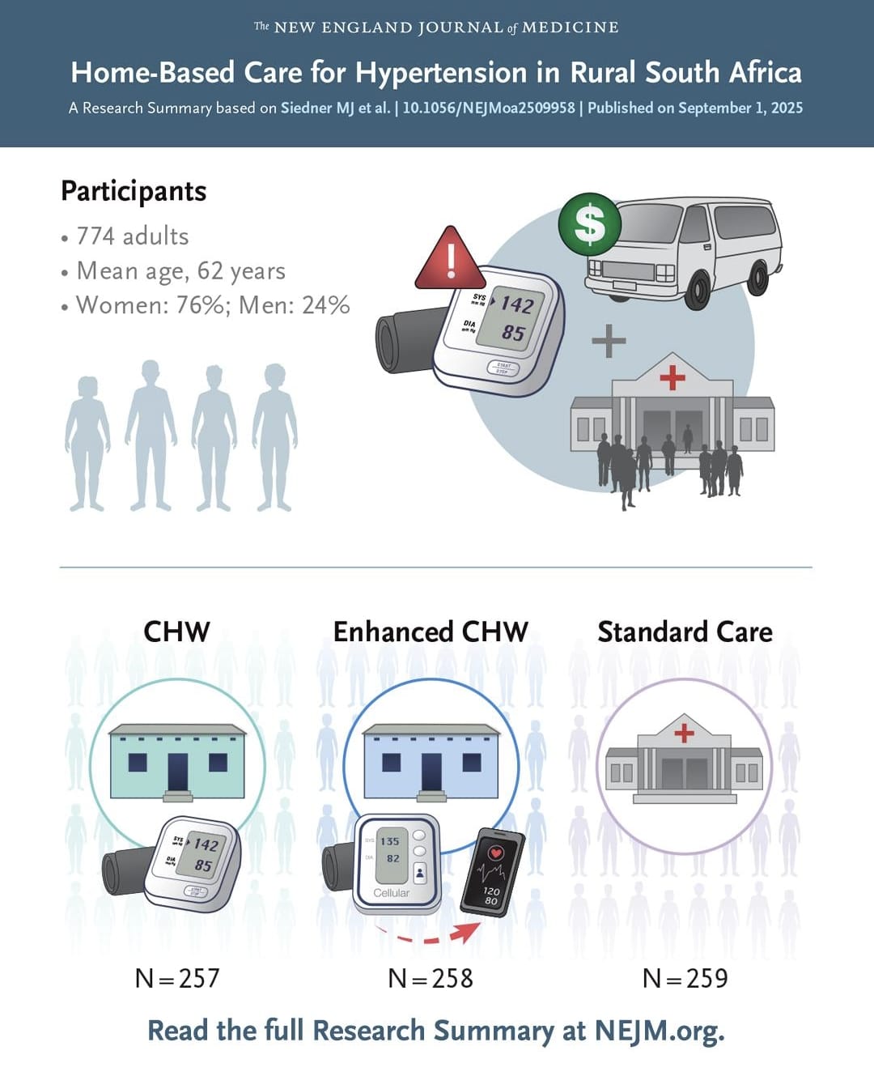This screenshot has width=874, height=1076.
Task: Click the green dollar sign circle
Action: pyautogui.click(x=590, y=224)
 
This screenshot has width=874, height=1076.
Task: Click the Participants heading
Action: pyautogui.click(x=134, y=191)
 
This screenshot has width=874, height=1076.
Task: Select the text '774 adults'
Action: pyautogui.click(x=132, y=236)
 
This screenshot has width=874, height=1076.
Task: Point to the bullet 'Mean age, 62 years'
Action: pyautogui.click(x=180, y=271)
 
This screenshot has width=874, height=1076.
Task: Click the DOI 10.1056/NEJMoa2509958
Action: pyautogui.click(x=488, y=108)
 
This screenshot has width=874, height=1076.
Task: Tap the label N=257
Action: pyautogui.click(x=177, y=978)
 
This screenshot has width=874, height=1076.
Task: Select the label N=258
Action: pyautogui.click(x=431, y=978)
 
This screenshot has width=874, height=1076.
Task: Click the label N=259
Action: pyautogui.click(x=685, y=978)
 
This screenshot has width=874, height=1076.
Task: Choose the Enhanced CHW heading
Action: pyautogui.click(x=431, y=632)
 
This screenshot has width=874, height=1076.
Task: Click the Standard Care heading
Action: pyautogui.click(x=685, y=632)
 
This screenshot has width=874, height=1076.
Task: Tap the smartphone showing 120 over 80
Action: pyautogui.click(x=492, y=872)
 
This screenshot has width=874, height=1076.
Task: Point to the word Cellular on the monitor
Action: pyautogui.click(x=391, y=893)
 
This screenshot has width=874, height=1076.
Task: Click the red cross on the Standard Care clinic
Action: pyautogui.click(x=684, y=733)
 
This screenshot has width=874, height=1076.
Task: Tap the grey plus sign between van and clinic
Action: pyautogui.click(x=609, y=341)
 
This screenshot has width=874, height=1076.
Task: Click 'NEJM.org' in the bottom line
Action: pyautogui.click(x=659, y=1031)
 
